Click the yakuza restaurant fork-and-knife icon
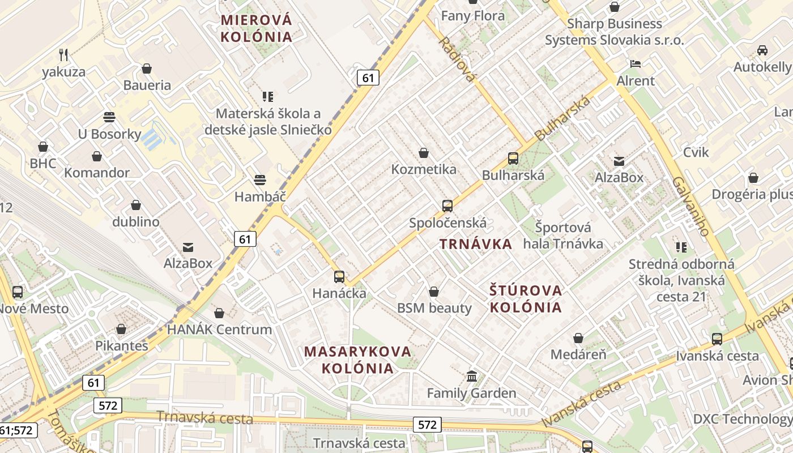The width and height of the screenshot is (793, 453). pyautogui.click(x=63, y=55)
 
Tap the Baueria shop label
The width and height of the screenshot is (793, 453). pyautogui.click(x=147, y=86)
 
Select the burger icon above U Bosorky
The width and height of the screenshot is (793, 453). pyautogui.click(x=109, y=117)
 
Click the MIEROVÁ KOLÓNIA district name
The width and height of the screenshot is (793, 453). pyautogui.click(x=257, y=29)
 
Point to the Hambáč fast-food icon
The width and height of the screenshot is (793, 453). pyautogui.click(x=260, y=180)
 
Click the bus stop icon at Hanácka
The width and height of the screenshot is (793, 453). pyautogui.click(x=339, y=277)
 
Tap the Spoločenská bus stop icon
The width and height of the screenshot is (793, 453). pyautogui.click(x=447, y=206)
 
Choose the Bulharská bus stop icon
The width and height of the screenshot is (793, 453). pyautogui.click(x=513, y=159)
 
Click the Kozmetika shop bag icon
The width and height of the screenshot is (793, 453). pyautogui.click(x=424, y=153)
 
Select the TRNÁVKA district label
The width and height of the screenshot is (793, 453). pyautogui.click(x=476, y=244)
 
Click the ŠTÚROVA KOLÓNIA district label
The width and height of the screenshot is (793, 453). pyautogui.click(x=526, y=299)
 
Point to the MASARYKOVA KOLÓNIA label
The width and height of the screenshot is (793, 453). pyautogui.click(x=357, y=360)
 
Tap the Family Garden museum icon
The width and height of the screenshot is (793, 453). pyautogui.click(x=472, y=376)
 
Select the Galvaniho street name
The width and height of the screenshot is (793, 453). pyautogui.click(x=691, y=206)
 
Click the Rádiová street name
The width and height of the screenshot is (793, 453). pyautogui.click(x=456, y=59)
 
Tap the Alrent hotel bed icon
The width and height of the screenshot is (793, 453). pyautogui.click(x=636, y=64)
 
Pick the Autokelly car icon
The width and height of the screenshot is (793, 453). pyautogui.click(x=762, y=50)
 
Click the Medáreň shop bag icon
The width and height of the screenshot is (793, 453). pyautogui.click(x=578, y=338)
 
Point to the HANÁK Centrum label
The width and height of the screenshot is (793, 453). pyautogui.click(x=219, y=329)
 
